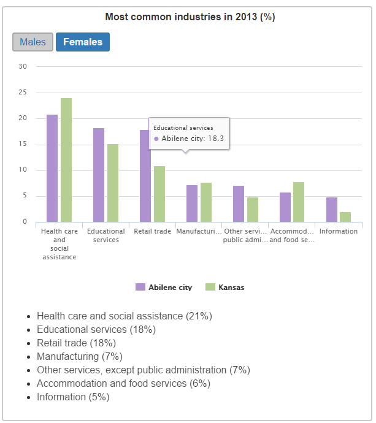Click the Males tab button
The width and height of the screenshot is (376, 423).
(x=33, y=42)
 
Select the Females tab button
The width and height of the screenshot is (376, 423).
(x=83, y=42)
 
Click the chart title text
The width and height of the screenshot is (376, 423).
(x=190, y=17)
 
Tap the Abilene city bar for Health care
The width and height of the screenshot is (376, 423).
(x=52, y=169)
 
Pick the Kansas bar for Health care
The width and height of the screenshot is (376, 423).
(x=66, y=160)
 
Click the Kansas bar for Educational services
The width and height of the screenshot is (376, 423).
(x=113, y=183)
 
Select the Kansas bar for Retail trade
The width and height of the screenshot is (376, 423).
(x=159, y=194)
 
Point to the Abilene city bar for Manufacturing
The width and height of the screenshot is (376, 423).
(x=192, y=204)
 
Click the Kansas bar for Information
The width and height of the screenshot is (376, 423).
(x=345, y=217)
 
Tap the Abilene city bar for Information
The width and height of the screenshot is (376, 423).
(x=331, y=210)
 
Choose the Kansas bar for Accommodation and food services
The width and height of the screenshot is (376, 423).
(x=299, y=202)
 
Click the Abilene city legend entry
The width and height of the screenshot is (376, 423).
(x=164, y=288)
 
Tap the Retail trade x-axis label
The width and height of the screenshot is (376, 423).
(x=153, y=232)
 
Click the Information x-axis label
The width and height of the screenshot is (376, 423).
(x=339, y=232)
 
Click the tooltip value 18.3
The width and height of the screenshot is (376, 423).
(x=215, y=139)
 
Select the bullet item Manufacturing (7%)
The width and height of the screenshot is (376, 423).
(x=80, y=357)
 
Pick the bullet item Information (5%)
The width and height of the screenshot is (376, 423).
(x=73, y=397)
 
